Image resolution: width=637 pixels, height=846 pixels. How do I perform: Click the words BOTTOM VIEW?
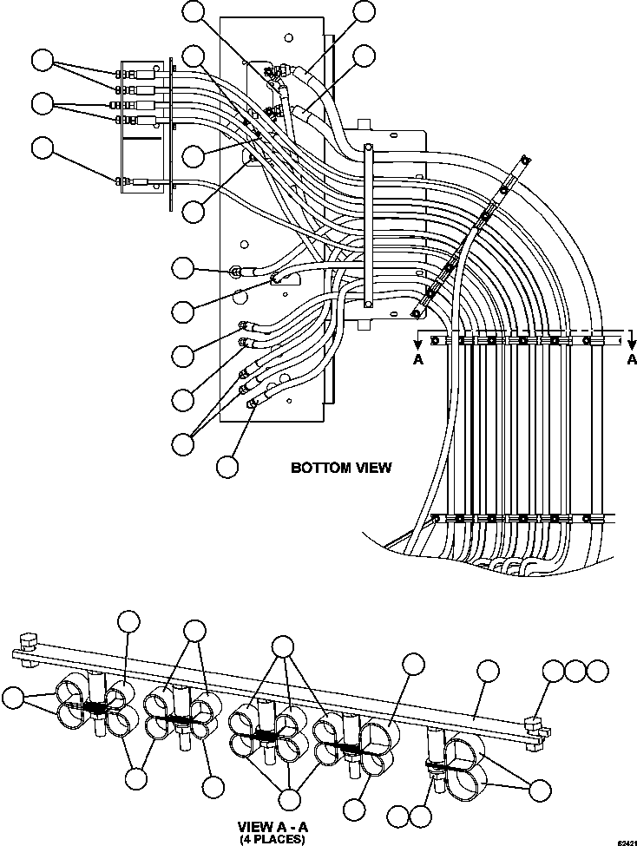click(340, 468)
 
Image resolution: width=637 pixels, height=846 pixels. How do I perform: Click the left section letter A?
click(417, 361)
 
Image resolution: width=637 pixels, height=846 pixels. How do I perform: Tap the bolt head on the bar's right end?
click(533, 720)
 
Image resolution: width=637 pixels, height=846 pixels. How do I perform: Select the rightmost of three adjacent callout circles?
click(597, 670)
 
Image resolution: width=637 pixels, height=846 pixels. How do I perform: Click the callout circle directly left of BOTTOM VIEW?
click(227, 467)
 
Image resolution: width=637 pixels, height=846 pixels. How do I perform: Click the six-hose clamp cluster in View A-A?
click(266, 735)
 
